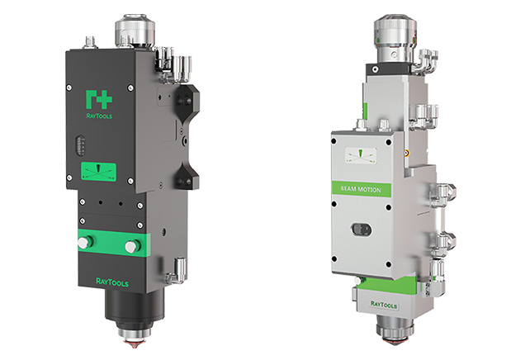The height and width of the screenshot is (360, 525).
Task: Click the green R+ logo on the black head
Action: (x=99, y=99)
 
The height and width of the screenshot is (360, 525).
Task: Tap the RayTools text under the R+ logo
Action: (x=99, y=116)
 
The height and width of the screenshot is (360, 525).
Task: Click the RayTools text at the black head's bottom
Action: (x=112, y=282)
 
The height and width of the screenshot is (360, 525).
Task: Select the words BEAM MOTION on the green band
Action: (x=361, y=189)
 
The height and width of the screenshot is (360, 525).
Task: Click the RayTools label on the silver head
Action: (x=384, y=305)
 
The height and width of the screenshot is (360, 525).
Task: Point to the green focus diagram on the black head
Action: (x=99, y=172)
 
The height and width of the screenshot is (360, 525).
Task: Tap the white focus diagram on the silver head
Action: (x=361, y=156)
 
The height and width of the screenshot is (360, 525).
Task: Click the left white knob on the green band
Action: (x=85, y=242)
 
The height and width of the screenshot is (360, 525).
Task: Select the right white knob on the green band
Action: (x=132, y=246)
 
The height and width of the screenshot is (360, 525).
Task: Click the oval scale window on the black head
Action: (x=80, y=145)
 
